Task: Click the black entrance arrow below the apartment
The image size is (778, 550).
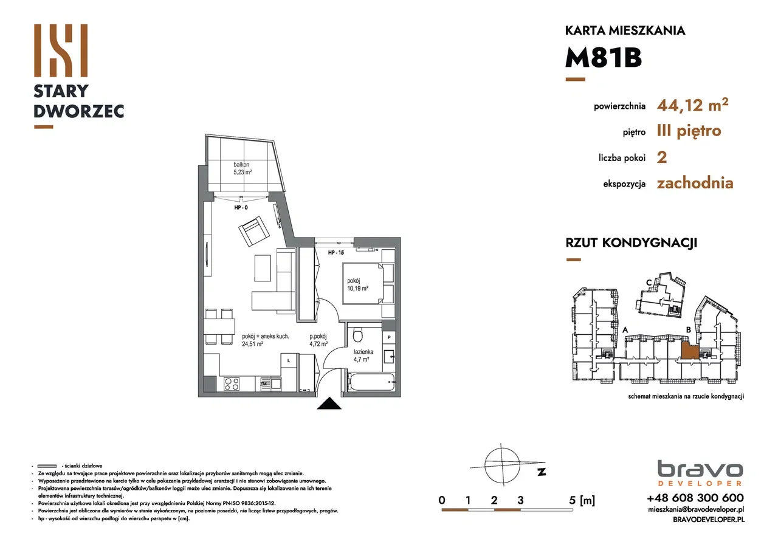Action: coord(328,404)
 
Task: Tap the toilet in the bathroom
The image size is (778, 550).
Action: coord(359,335)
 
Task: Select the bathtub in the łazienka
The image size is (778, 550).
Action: coord(371,383)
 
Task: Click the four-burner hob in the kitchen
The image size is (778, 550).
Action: coord(232,383)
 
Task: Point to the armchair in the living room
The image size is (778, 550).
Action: coord(254,232)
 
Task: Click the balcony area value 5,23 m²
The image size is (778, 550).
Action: coord(243,172)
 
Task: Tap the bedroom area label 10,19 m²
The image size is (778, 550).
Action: coord(358,289)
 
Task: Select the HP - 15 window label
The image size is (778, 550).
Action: coord(336,252)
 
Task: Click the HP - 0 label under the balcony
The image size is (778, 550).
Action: coord(242,207)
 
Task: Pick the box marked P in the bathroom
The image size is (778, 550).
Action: coord(389,337)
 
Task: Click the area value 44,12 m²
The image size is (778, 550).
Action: coord(692,106)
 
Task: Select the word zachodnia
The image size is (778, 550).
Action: coord(695,183)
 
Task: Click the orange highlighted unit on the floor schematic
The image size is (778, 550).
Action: coord(688,350)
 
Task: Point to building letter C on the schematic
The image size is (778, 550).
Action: coord(649,282)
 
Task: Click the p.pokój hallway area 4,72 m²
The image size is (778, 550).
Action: coord(318,343)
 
